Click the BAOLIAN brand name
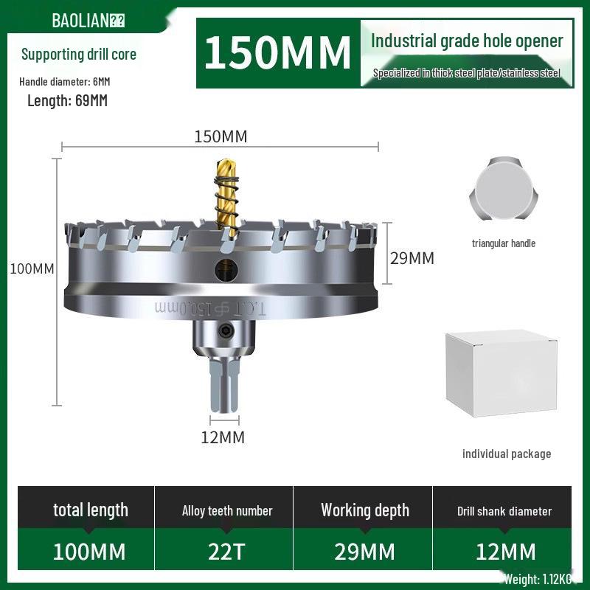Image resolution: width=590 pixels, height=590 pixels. [80, 20]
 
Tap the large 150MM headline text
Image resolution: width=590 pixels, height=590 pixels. [277, 53]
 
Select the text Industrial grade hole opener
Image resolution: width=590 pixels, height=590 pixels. [467, 41]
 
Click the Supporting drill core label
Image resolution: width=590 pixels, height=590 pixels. [79, 54]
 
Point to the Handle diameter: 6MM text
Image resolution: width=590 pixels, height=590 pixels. [65, 81]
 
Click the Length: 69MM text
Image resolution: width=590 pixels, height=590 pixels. [67, 101]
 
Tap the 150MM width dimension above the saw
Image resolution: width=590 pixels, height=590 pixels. [221, 136]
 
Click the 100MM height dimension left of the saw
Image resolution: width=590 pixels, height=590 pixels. [32, 268]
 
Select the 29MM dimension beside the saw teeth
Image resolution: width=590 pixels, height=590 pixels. [412, 258]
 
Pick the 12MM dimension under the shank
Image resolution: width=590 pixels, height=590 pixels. [222, 437]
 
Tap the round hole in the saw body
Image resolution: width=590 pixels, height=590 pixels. [225, 271]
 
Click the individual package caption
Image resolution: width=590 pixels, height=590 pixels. [507, 454]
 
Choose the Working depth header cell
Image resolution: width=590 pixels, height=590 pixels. [364, 510]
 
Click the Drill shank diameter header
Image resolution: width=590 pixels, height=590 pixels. [504, 510]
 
